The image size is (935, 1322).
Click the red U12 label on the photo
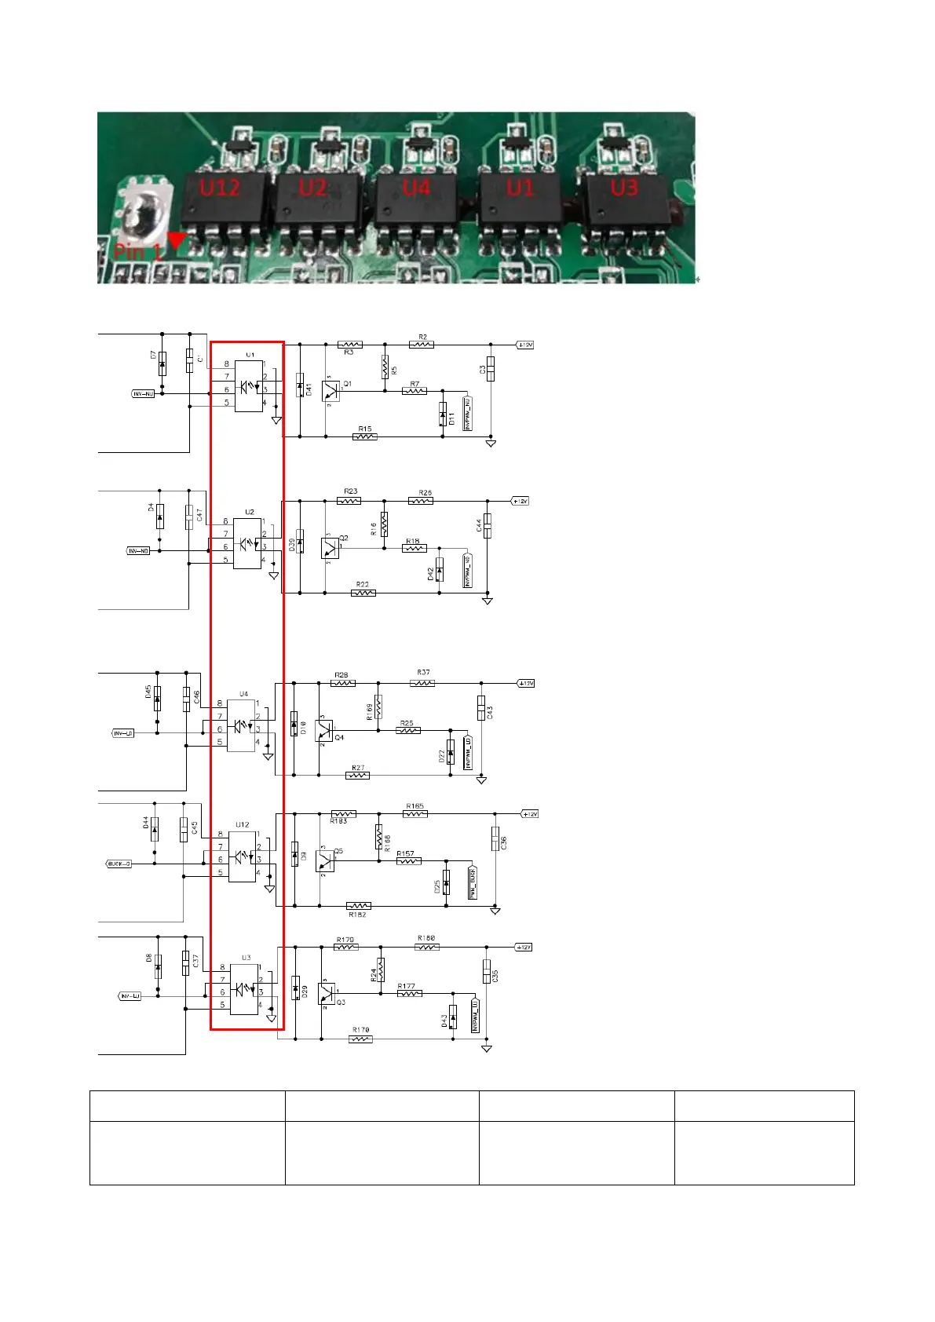pyautogui.click(x=219, y=188)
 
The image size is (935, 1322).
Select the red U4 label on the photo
pyautogui.click(x=416, y=188)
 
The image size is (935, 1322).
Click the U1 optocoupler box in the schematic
pyautogui.click(x=249, y=386)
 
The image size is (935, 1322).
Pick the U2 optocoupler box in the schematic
pyautogui.click(x=247, y=542)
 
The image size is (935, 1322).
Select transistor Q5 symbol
pyautogui.click(x=325, y=861)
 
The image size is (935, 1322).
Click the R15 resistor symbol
pyautogui.click(x=365, y=436)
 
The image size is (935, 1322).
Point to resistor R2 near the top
pyautogui.click(x=422, y=344)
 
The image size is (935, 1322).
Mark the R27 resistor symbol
pyautogui.click(x=357, y=776)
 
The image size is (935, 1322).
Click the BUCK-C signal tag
pyautogui.click(x=119, y=864)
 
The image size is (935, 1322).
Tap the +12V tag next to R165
pyautogui.click(x=530, y=814)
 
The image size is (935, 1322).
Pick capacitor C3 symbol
pyautogui.click(x=491, y=369)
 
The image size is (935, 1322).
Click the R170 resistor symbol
pyautogui.click(x=360, y=1039)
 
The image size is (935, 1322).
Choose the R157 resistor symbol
pyautogui.click(x=408, y=861)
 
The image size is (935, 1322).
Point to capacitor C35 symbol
pyautogui.click(x=487, y=972)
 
